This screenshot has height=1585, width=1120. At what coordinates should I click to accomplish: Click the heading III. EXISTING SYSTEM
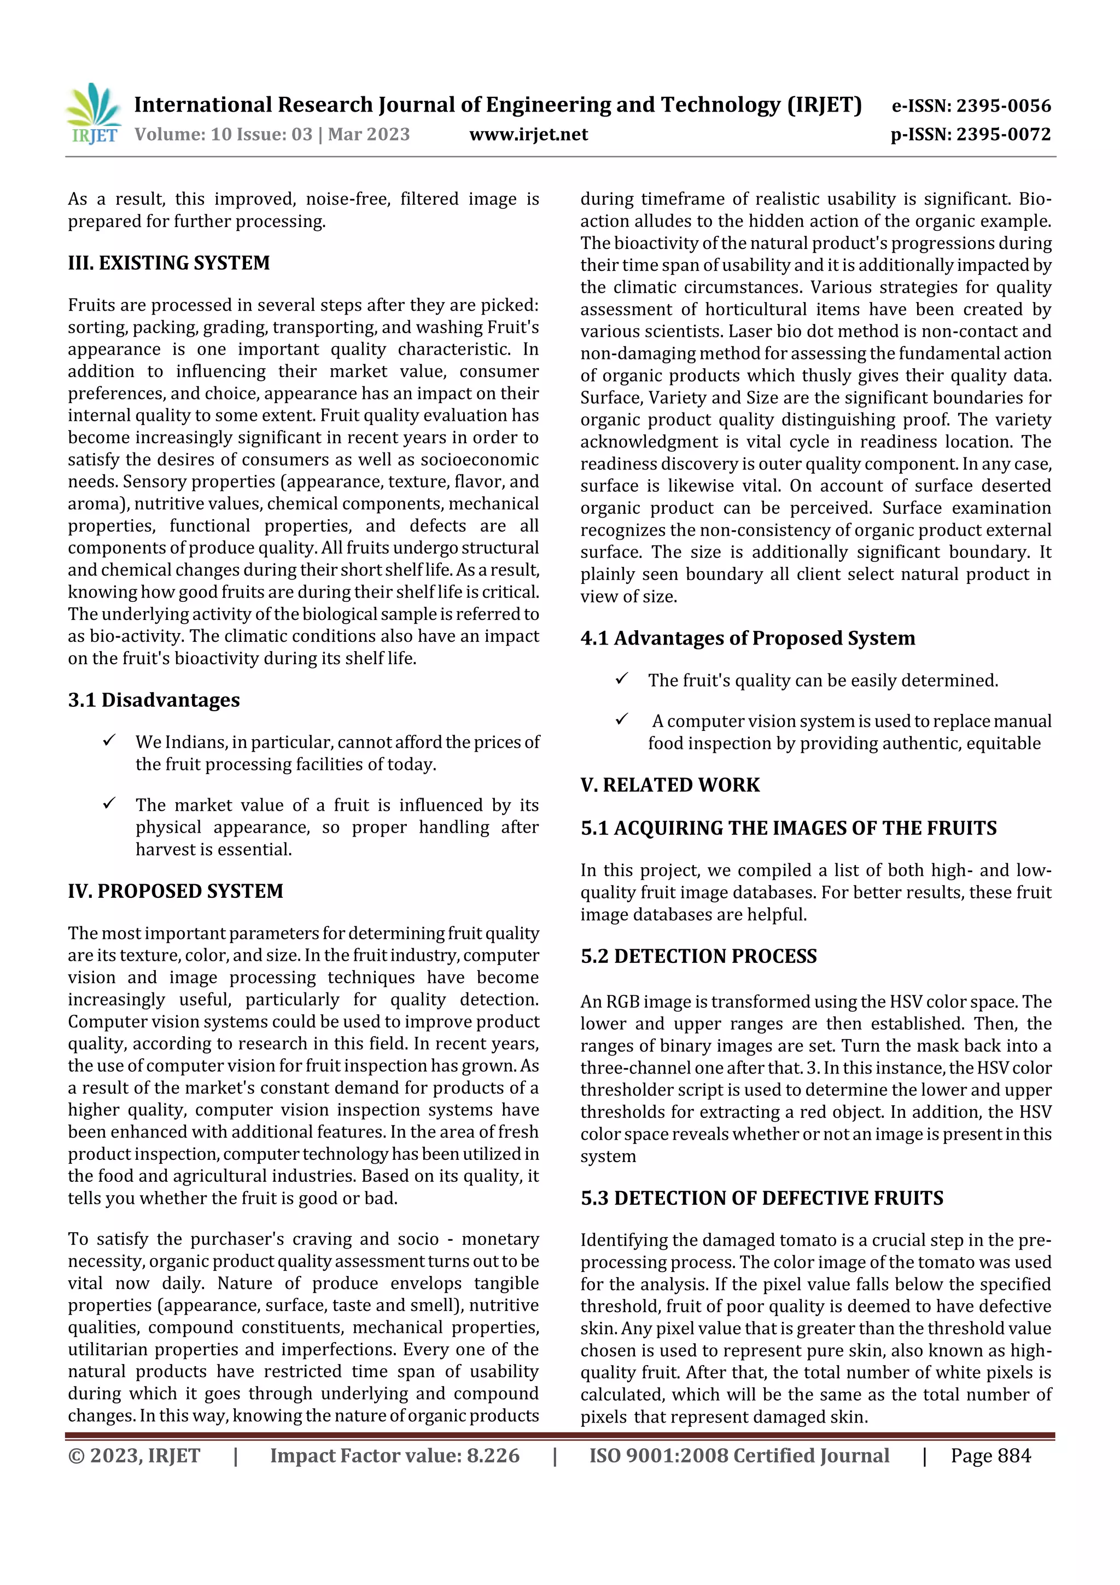[168, 263]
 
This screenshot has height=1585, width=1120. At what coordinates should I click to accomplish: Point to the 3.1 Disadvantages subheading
[153, 700]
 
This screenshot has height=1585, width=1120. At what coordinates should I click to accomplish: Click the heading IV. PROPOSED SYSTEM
[176, 891]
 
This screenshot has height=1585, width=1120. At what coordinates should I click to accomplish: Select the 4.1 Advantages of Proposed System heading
[748, 638]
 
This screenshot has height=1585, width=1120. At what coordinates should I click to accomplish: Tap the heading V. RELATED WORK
[669, 785]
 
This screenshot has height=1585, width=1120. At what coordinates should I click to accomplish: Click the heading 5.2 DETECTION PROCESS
[698, 956]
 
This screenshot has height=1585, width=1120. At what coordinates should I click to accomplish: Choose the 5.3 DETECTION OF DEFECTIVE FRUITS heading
[761, 1198]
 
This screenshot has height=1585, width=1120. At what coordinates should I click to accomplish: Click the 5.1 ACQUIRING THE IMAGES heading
[788, 828]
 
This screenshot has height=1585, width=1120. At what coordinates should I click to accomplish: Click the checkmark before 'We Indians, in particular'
[109, 741]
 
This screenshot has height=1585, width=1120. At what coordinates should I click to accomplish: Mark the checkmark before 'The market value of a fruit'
[109, 804]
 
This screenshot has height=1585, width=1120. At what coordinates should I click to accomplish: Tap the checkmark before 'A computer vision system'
[621, 719]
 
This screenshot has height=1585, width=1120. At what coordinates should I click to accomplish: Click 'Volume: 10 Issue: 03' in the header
[224, 134]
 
